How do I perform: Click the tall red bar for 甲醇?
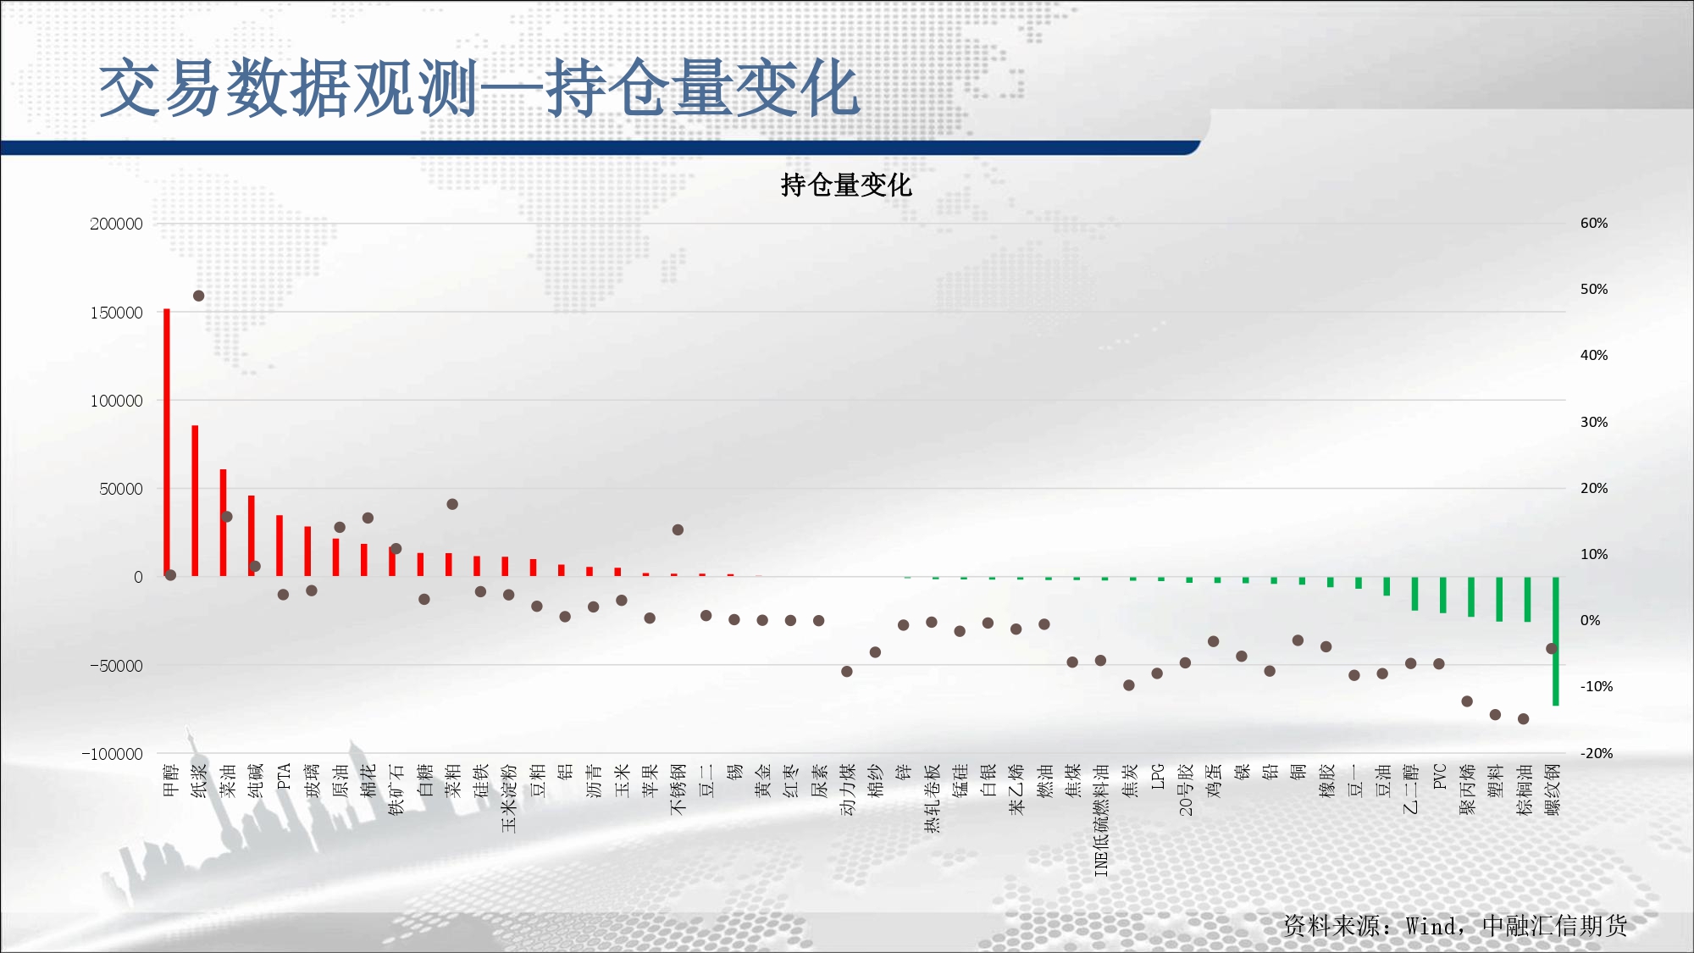[x=167, y=443]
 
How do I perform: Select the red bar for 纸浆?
[x=195, y=501]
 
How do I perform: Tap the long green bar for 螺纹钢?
[x=1556, y=641]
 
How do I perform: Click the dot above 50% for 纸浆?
[x=198, y=296]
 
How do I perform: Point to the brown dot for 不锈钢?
[x=678, y=529]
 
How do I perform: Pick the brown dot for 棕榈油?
[x=1524, y=718]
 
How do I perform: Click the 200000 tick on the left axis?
[x=116, y=224]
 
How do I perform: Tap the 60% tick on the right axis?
[x=1594, y=223]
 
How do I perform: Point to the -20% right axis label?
[x=1597, y=753]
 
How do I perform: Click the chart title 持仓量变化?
[x=845, y=185]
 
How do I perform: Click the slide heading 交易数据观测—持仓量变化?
[x=479, y=88]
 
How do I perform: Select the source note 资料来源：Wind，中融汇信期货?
[x=1455, y=925]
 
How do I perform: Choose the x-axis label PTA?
[x=284, y=776]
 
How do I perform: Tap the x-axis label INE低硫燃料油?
[x=1101, y=819]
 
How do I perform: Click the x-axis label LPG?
[x=1158, y=776]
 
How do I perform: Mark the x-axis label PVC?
[x=1440, y=776]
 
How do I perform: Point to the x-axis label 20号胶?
[x=1186, y=790]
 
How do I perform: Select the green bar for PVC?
[x=1443, y=595]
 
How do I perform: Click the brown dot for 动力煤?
[x=847, y=671]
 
